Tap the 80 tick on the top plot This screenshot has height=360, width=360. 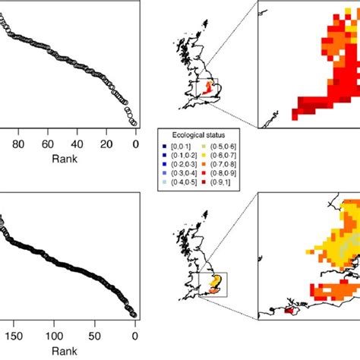coord(19,144)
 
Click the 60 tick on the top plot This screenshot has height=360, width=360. coord(47,144)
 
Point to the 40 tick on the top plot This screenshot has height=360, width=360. coord(77,144)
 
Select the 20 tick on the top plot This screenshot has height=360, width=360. coord(106,144)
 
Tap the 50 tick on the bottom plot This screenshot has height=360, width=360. coord(95,334)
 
